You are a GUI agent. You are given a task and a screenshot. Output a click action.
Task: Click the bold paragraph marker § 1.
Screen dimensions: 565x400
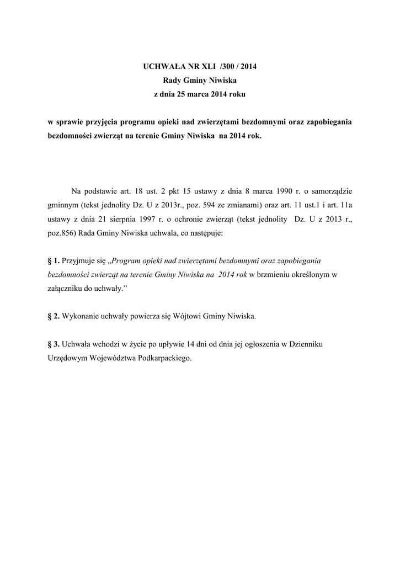[54, 260]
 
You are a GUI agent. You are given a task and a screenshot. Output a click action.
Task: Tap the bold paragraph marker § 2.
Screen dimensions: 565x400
[54, 316]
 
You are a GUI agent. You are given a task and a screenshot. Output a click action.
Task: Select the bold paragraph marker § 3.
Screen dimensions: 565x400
[54, 344]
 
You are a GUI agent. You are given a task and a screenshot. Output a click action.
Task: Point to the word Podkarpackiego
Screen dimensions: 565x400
[164, 358]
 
